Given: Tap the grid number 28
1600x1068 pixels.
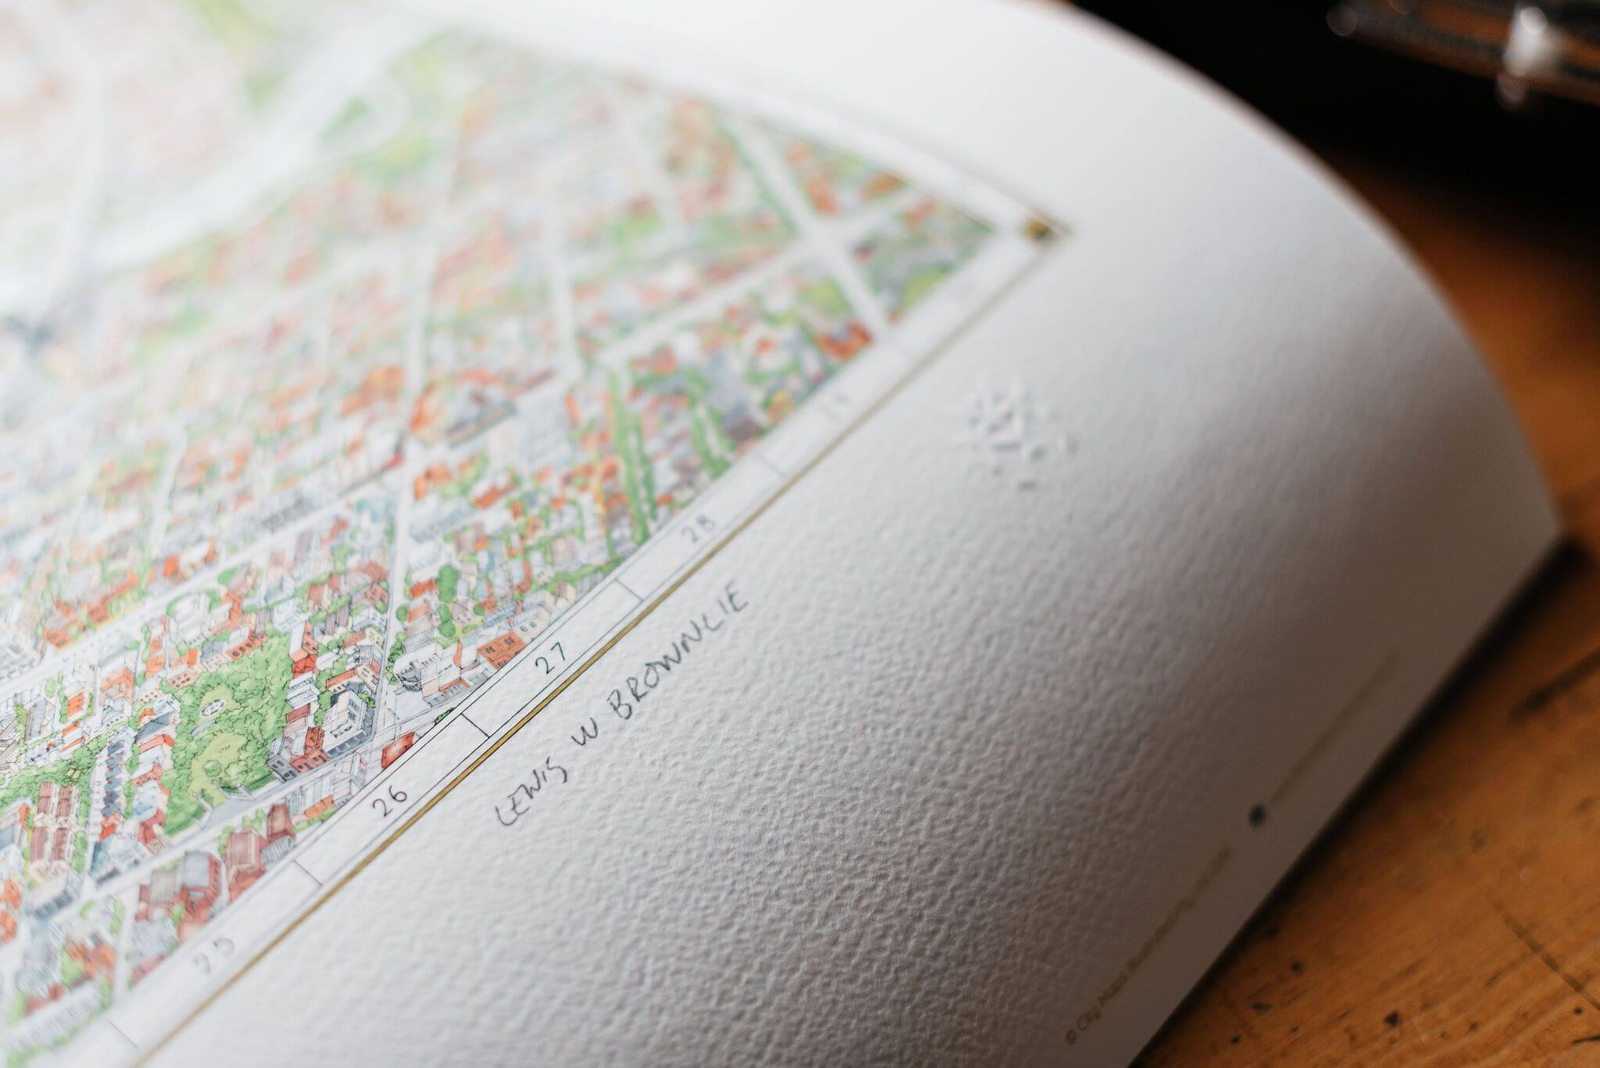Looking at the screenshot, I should coord(698,532).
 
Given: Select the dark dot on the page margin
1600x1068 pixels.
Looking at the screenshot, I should coord(1258,814).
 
